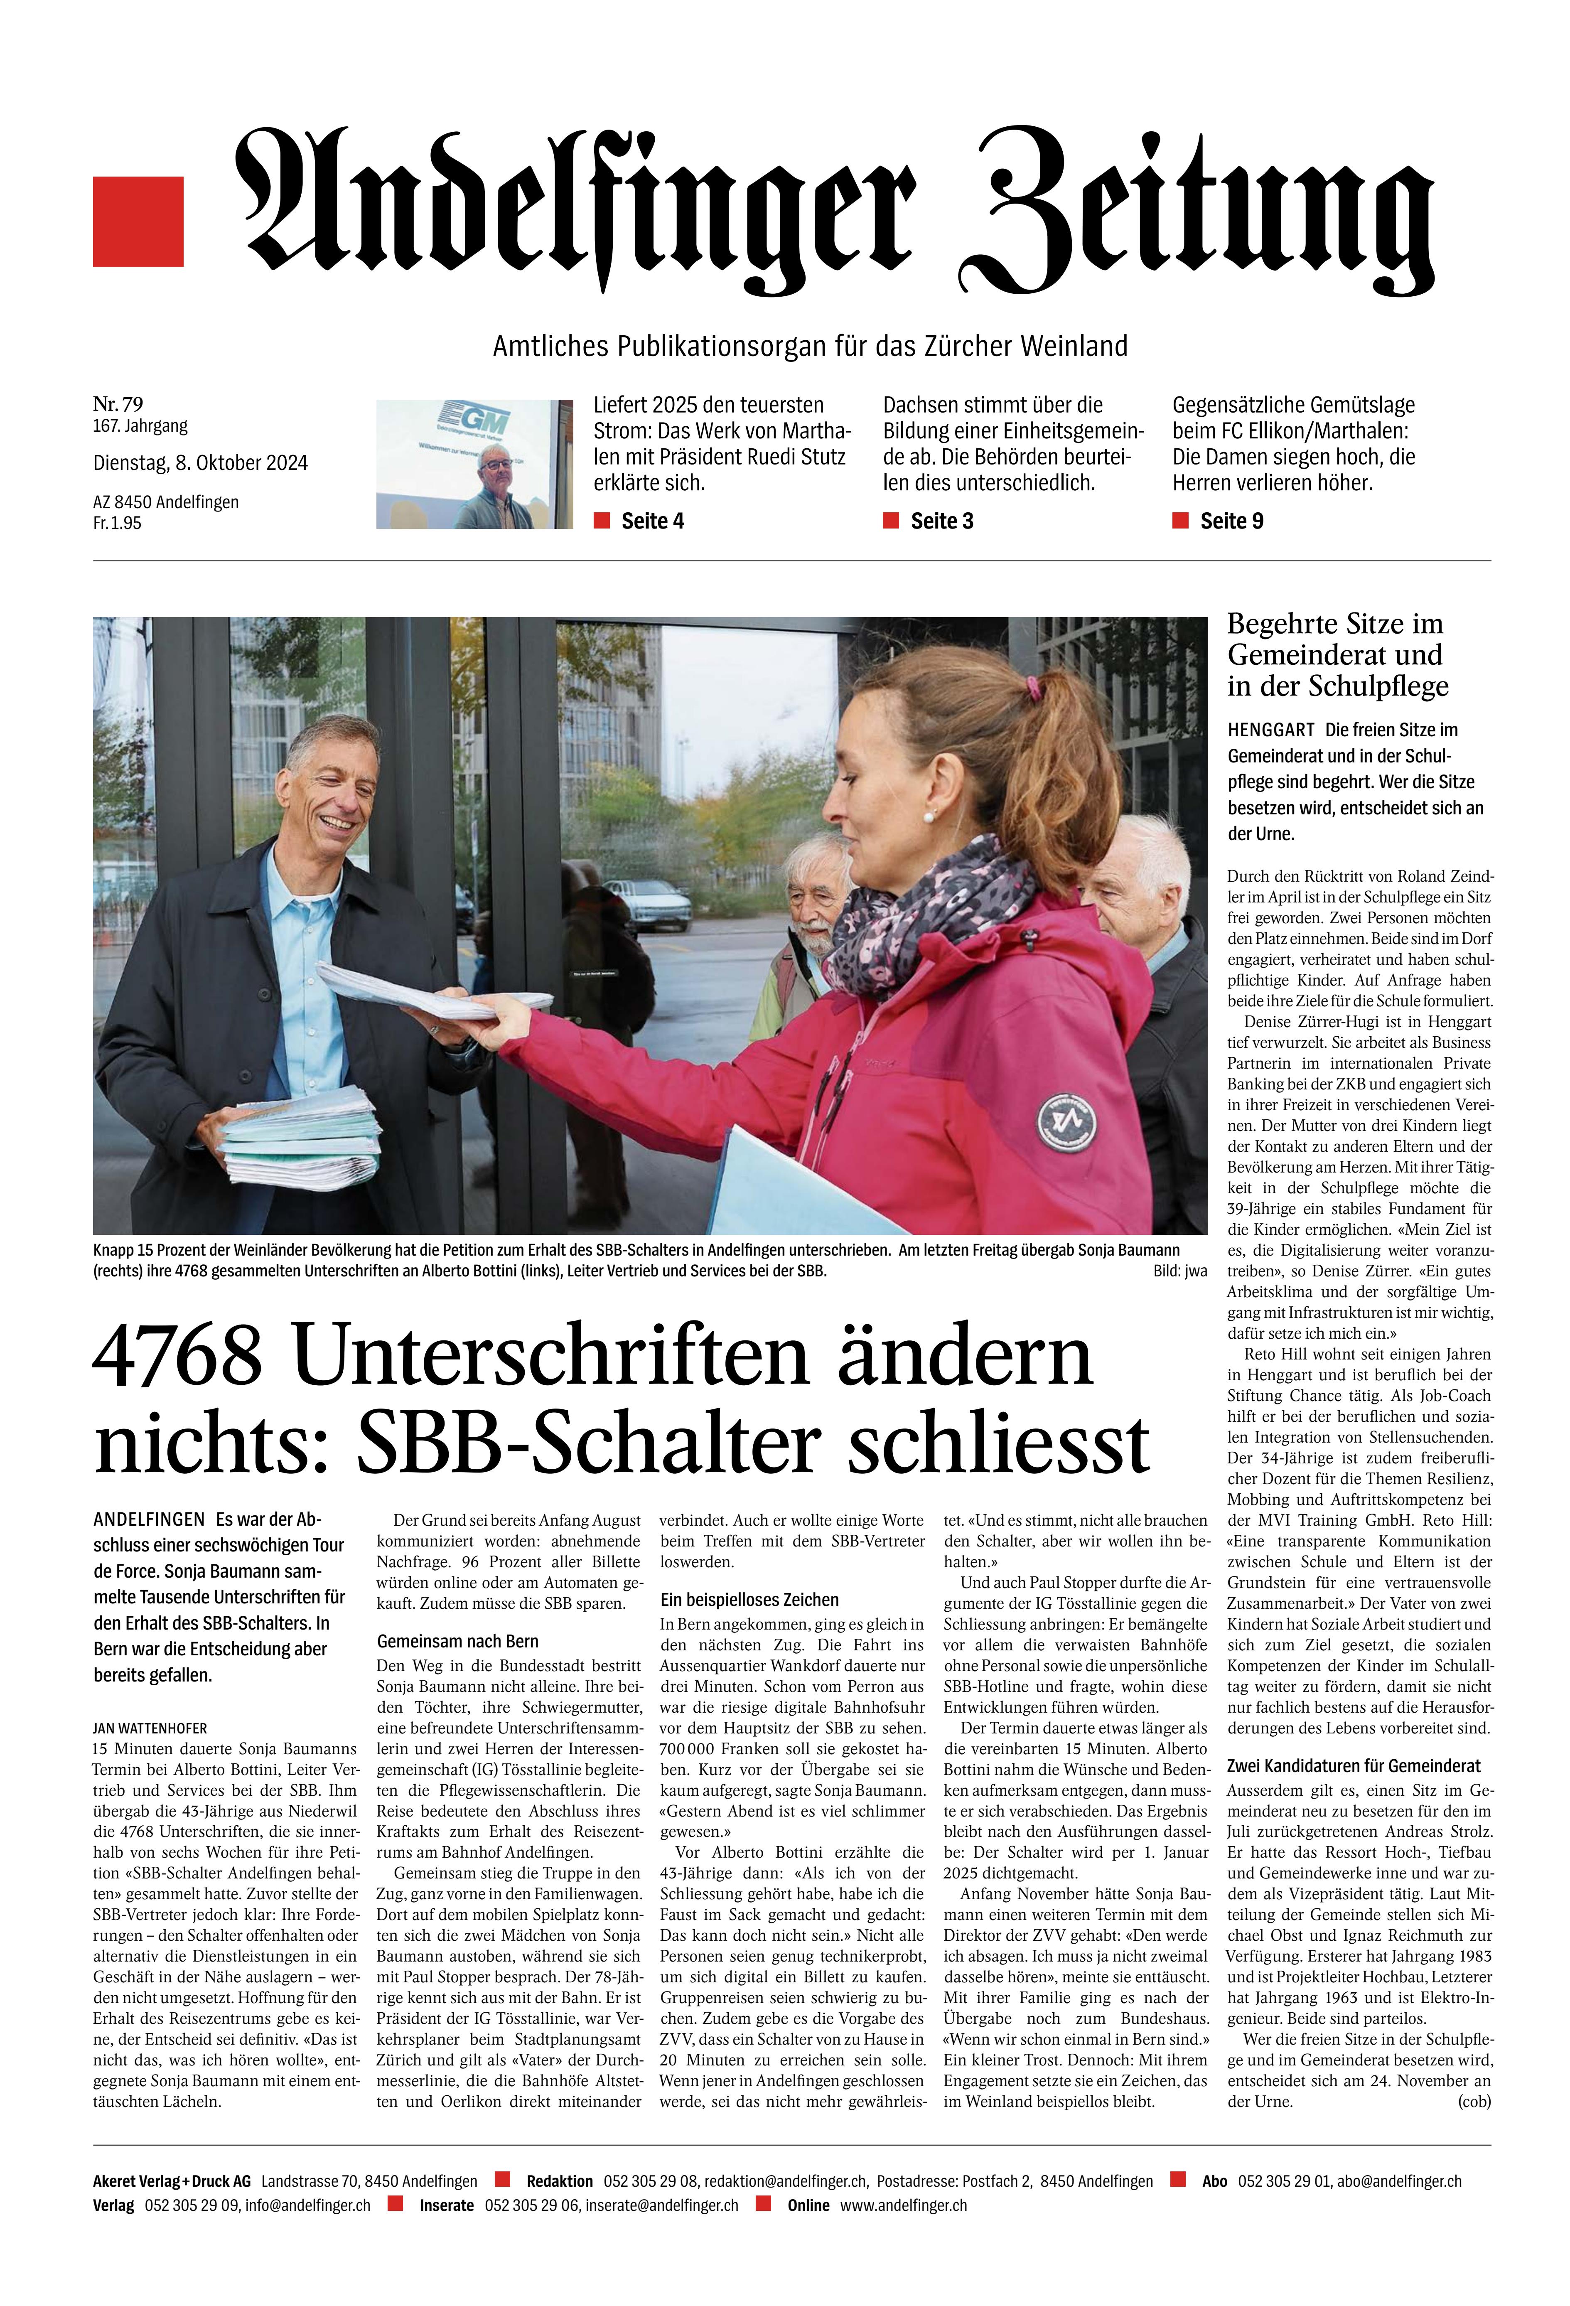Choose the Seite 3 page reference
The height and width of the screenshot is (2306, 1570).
coord(941,521)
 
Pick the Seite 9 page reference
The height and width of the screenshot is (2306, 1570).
coord(1231,521)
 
